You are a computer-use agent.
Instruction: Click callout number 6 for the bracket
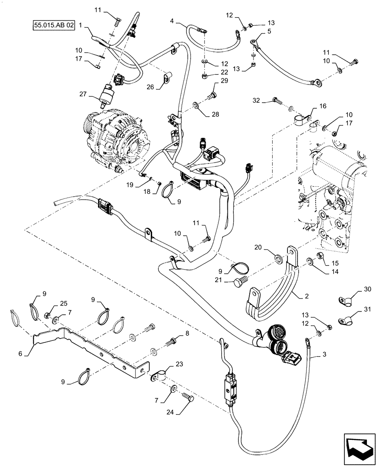click(x=20, y=354)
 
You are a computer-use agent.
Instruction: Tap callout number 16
click(x=323, y=107)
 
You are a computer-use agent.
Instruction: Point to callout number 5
click(x=269, y=31)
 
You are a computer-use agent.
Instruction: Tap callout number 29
click(x=225, y=82)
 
